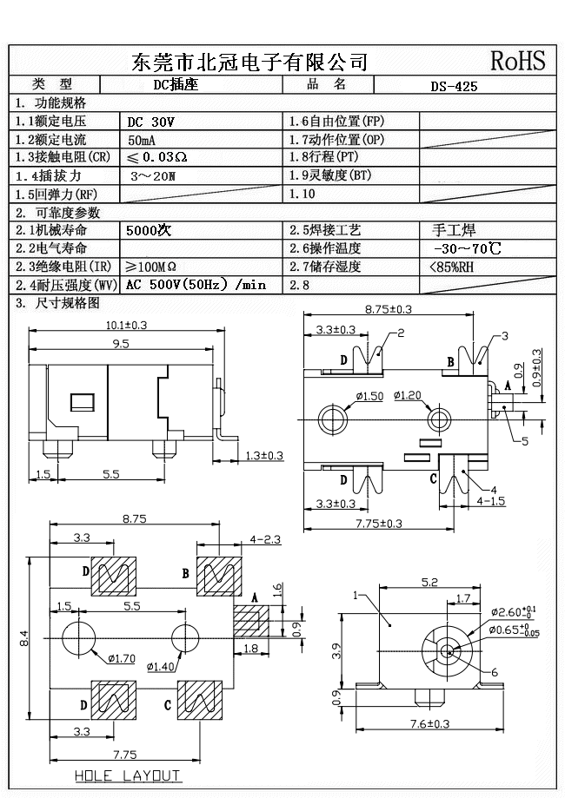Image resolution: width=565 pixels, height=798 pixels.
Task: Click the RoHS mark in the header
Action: tap(518, 60)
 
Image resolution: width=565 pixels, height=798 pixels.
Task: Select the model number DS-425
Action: tap(454, 86)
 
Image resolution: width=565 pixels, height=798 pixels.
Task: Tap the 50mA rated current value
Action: tap(143, 140)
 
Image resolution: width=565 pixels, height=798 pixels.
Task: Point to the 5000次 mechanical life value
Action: tap(150, 231)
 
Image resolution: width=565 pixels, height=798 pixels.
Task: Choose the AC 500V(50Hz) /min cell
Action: tap(196, 285)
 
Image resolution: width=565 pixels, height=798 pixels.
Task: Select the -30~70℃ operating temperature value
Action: tap(466, 249)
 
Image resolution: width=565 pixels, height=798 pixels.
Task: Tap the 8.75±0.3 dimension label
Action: tap(388, 309)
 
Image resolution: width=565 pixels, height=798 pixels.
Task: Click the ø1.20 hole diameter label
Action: tap(406, 396)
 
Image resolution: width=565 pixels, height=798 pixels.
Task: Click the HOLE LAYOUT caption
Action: tap(127, 775)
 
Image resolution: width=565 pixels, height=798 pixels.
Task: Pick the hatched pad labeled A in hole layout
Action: tap(248, 621)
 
